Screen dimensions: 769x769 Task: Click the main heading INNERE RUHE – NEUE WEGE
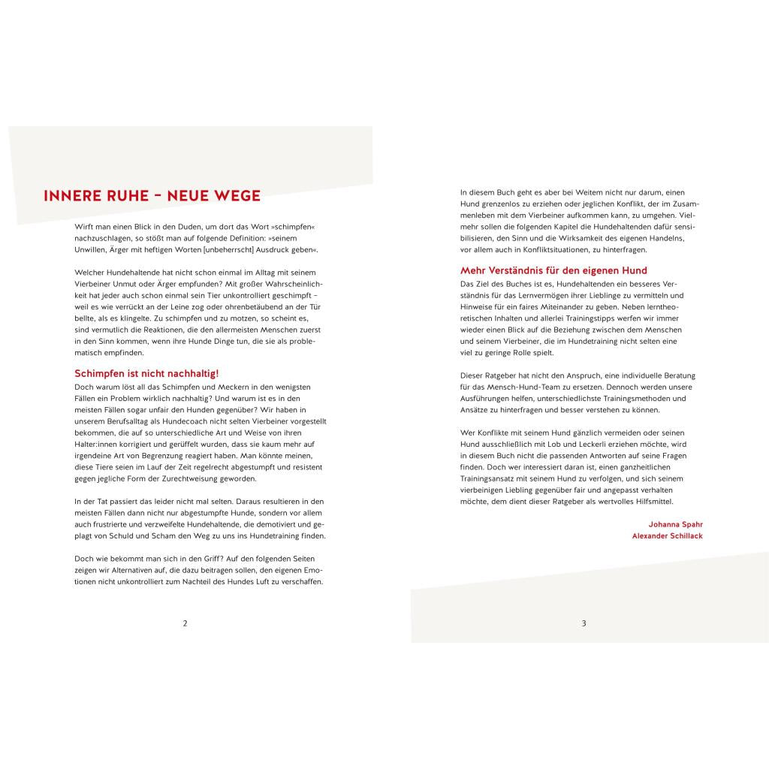click(152, 197)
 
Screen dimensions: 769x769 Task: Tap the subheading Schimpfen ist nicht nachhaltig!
click(146, 373)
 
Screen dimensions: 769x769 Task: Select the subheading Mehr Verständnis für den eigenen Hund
click(553, 270)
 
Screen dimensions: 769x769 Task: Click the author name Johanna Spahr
click(675, 523)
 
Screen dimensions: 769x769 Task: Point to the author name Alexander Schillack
click(667, 535)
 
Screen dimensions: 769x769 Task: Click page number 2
click(185, 623)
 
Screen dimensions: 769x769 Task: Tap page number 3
click(584, 623)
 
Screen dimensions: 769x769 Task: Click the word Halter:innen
click(97, 444)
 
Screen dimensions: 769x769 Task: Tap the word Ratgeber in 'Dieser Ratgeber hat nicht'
click(502, 375)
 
